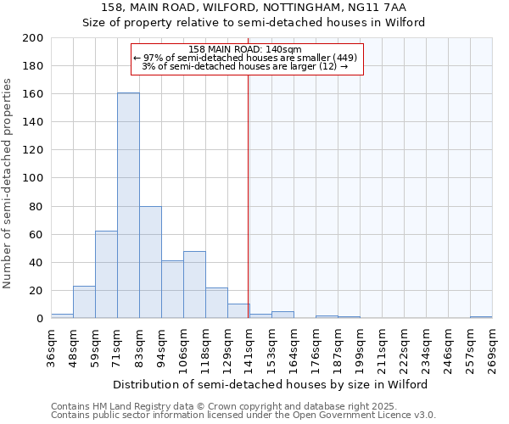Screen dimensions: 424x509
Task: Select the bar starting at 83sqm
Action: pos(150,262)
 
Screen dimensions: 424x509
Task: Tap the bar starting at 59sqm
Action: pos(106,274)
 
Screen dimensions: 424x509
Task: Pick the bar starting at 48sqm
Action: pos(84,302)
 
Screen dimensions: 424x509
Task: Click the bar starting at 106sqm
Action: pos(194,284)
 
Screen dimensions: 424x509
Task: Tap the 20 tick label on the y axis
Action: pos(36,291)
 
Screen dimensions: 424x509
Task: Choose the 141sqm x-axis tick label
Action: pos(249,349)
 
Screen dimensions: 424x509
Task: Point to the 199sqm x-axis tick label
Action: pos(360,349)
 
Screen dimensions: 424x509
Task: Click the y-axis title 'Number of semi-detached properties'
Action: pos(8,183)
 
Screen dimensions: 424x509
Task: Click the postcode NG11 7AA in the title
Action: pos(378,8)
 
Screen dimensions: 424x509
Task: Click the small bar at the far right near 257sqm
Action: pos(481,317)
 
